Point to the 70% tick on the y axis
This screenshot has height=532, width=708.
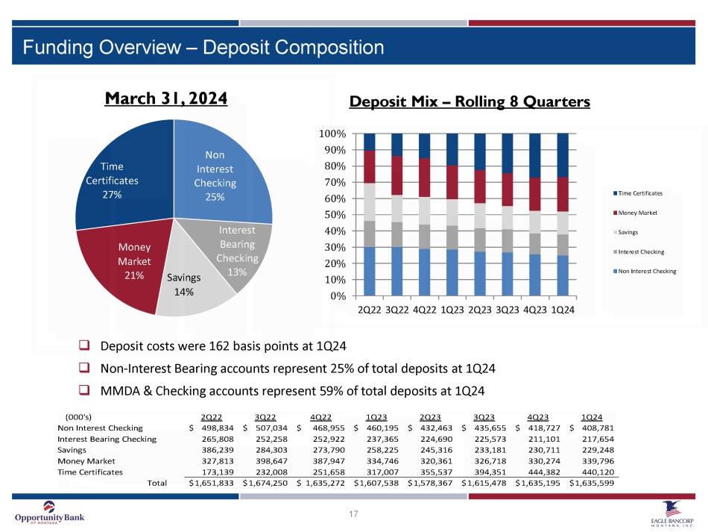point(333,182)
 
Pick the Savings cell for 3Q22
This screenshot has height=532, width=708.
point(270,450)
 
